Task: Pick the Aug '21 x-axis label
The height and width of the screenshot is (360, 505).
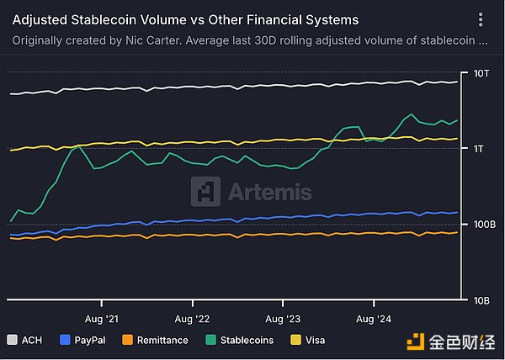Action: (x=102, y=320)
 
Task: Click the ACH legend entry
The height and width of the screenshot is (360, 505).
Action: (x=29, y=341)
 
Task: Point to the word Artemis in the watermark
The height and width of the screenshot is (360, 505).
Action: (x=269, y=193)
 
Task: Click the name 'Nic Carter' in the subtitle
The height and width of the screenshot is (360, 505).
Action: (x=159, y=39)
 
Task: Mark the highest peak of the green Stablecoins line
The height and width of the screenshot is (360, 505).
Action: (x=411, y=114)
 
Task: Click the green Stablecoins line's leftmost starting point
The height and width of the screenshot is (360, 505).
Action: (x=10, y=221)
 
